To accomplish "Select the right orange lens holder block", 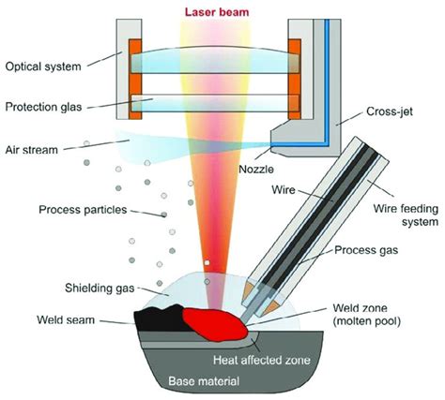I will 295,78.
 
